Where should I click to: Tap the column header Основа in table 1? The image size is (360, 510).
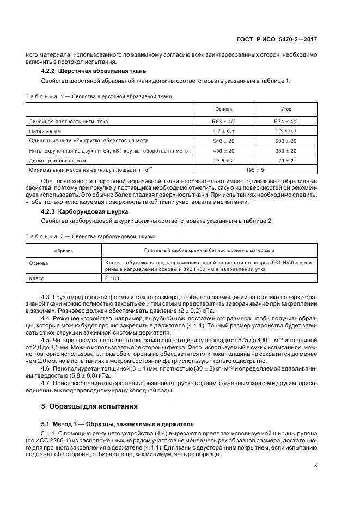tap(223, 109)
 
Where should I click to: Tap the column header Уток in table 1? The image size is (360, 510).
tap(286, 109)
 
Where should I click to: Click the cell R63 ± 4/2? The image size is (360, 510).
tap(223, 122)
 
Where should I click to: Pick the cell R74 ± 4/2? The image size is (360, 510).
tap(286, 122)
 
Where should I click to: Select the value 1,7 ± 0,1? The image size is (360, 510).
tap(223, 131)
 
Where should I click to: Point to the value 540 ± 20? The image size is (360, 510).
tap(223, 141)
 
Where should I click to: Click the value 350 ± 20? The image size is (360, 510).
tap(286, 151)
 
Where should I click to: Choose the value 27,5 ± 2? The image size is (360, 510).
tap(223, 161)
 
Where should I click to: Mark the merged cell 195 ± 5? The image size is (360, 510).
tap(255, 170)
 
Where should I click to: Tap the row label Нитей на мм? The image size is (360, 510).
tap(44, 131)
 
